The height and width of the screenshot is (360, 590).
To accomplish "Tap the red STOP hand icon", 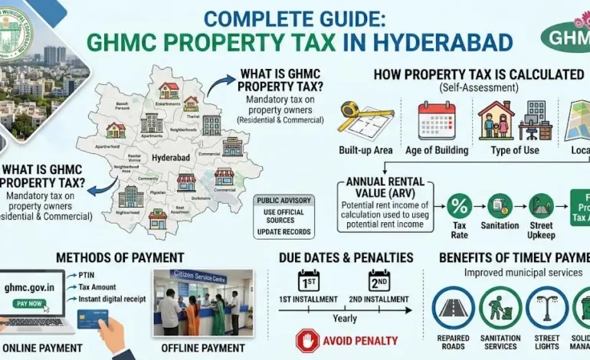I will click(307, 340).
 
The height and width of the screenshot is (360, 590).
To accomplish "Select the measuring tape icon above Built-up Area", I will click(359, 119).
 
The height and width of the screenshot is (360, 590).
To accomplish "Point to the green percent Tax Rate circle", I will click(460, 206).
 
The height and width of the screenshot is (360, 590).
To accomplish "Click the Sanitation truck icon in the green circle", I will click(500, 206).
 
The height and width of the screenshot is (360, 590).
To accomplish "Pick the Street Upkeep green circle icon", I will click(541, 206).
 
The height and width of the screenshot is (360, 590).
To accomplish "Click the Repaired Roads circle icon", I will click(454, 308).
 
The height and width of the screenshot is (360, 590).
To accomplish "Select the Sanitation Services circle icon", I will click(500, 308).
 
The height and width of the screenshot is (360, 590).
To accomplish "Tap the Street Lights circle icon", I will click(547, 308).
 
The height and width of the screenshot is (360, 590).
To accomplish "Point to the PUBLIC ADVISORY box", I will click(285, 217).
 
